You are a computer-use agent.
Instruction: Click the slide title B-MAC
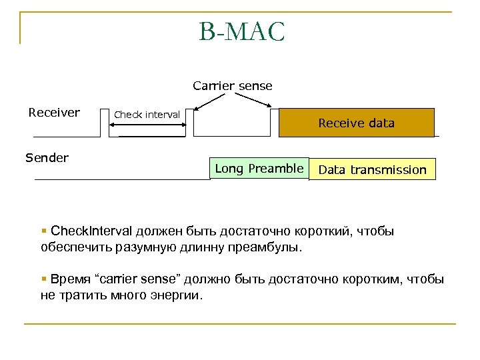coord(241,32)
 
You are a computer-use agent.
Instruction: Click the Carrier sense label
coord(232,86)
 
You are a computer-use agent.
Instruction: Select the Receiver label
coord(54,113)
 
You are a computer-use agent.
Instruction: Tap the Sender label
coord(47,158)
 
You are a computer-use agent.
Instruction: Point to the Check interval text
coord(147,115)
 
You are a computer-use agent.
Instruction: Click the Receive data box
coord(356,123)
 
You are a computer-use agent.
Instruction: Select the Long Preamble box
coord(259,169)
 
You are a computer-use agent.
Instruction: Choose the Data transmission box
coord(372,169)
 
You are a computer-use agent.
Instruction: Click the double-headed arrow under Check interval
coord(152,135)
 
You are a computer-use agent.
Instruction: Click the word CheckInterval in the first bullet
coord(92,231)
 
